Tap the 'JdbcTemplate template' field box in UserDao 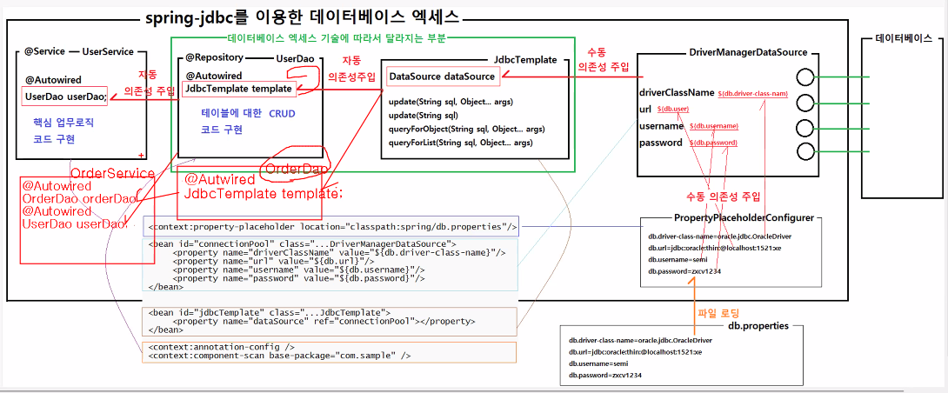click(x=237, y=89)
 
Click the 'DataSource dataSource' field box click(x=442, y=77)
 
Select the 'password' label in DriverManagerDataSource click(x=661, y=142)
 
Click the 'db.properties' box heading click(x=758, y=325)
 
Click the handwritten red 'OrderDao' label click(x=297, y=168)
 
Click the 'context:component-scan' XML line click(x=279, y=356)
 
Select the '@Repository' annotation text click(x=214, y=57)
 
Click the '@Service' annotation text click(x=38, y=51)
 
